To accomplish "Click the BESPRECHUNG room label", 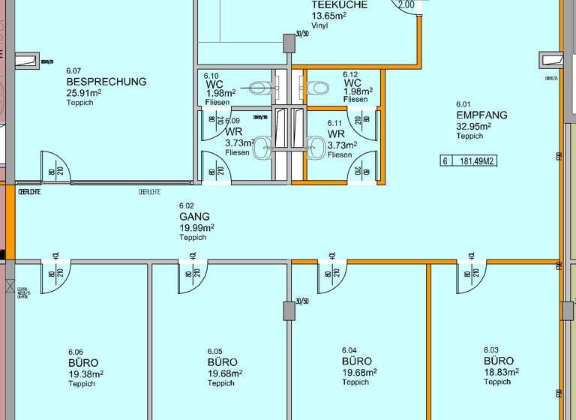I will [106, 82].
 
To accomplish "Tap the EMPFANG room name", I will [481, 115].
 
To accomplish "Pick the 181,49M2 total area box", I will [469, 160].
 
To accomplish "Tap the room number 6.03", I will [491, 350].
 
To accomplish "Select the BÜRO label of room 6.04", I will [356, 361].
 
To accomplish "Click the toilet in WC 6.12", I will [319, 88].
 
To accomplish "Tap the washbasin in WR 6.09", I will [262, 148].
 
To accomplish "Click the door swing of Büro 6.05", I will [193, 277].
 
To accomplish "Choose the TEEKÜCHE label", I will [339, 4].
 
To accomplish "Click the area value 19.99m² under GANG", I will [196, 228].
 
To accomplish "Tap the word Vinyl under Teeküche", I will [319, 25].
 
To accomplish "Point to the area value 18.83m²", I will [499, 372].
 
